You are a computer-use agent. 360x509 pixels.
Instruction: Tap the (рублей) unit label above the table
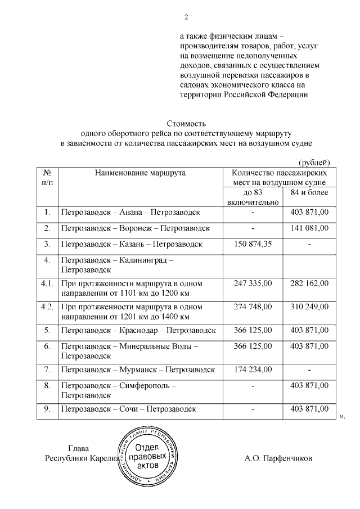click(x=314, y=162)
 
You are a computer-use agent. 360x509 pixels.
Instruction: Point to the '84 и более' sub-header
click(x=309, y=193)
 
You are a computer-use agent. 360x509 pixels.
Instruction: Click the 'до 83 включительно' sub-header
click(x=253, y=197)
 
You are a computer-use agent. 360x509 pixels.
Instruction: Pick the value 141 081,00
click(x=309, y=228)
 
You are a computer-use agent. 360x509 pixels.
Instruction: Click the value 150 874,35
click(x=253, y=244)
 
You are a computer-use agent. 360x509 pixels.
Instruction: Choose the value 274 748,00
click(x=253, y=307)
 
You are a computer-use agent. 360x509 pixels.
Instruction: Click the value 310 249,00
click(x=309, y=307)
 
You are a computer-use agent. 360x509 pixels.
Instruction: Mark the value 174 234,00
click(x=253, y=370)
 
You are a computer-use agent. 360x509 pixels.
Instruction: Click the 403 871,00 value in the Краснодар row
click(x=309, y=330)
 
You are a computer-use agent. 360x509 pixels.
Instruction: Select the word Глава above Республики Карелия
click(x=78, y=449)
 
